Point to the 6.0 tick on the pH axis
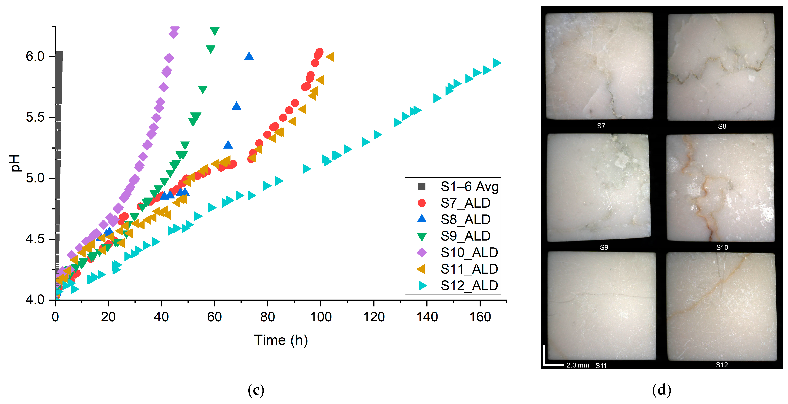[x=35, y=56]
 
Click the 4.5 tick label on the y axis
[x=35, y=239]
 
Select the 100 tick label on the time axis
[x=321, y=317]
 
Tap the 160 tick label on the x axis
[x=480, y=317]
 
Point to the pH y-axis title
[x=15, y=163]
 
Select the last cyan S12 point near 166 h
[x=497, y=63]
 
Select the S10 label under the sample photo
[x=722, y=247]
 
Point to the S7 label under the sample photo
[x=601, y=126]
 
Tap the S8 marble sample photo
[x=721, y=67]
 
